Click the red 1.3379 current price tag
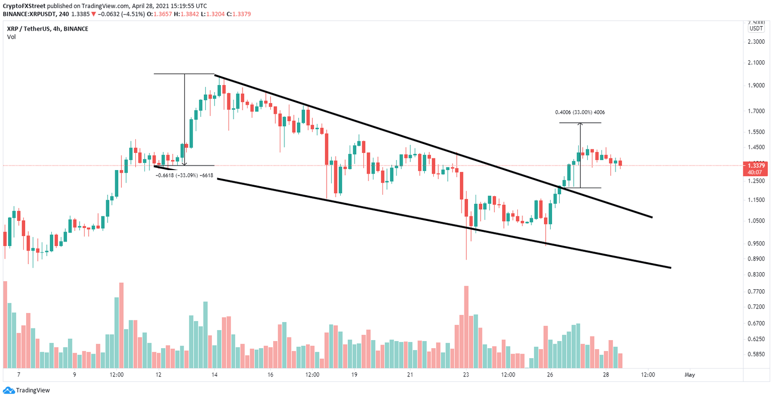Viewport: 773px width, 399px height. point(756,166)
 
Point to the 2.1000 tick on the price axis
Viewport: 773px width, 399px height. point(756,63)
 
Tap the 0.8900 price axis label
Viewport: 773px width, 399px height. point(756,259)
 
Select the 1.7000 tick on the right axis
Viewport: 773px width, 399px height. point(756,111)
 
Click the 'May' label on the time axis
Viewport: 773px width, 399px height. point(689,375)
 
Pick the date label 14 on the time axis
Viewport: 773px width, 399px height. point(214,375)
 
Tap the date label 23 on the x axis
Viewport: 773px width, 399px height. point(466,375)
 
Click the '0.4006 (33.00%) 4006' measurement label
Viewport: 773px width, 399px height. point(580,112)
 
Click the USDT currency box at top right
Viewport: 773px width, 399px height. point(756,29)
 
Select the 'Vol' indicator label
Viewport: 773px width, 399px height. point(11,37)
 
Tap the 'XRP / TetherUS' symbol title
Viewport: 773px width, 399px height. point(29,29)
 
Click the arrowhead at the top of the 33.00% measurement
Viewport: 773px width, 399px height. point(580,124)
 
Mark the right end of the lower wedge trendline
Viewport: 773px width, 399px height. point(671,268)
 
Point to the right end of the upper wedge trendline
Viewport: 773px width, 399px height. point(652,217)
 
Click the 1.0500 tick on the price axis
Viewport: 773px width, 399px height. point(756,221)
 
